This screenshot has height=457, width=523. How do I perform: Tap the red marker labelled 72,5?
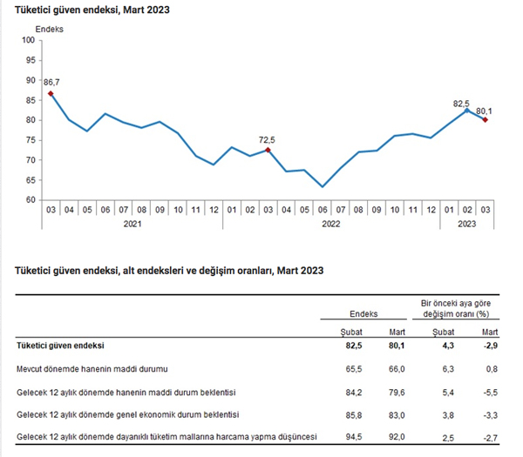click(x=268, y=150)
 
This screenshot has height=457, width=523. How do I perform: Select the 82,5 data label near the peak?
click(x=462, y=103)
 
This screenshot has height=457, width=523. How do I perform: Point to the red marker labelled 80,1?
click(x=485, y=120)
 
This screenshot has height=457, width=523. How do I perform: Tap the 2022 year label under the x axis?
click(x=330, y=224)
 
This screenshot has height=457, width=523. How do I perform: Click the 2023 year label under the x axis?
click(x=466, y=224)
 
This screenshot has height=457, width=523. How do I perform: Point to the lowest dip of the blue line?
click(x=323, y=186)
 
